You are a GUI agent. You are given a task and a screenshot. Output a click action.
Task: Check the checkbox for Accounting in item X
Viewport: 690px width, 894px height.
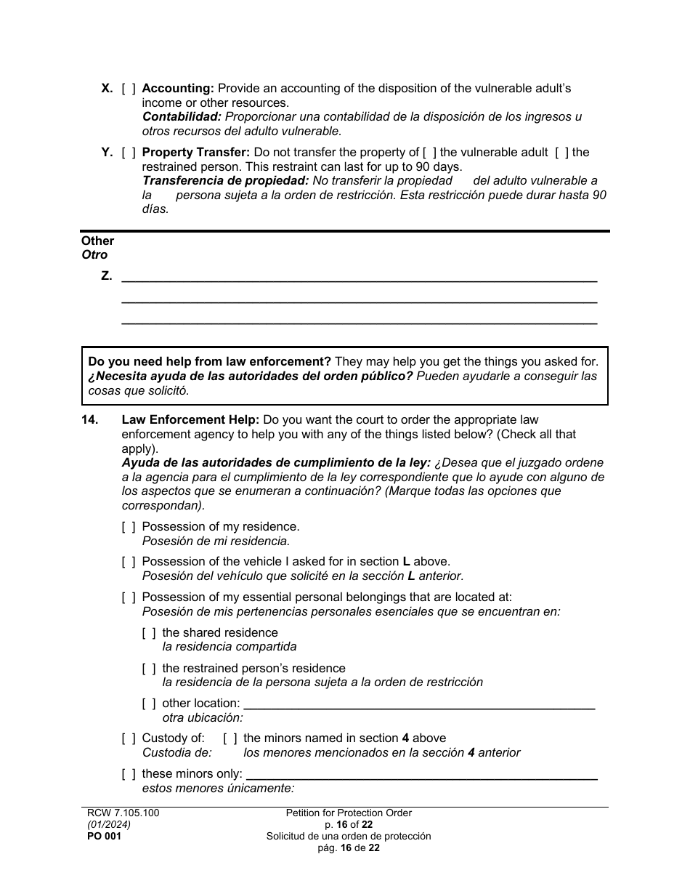129,89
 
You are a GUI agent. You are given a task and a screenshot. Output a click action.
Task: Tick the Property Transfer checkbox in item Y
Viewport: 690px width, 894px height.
129,153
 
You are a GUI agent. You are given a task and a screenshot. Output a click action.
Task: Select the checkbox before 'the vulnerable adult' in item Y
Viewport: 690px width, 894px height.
430,153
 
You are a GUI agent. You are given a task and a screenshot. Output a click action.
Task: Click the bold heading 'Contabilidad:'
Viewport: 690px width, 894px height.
182,117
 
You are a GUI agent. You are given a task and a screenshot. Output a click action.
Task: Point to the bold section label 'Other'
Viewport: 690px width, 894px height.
97,241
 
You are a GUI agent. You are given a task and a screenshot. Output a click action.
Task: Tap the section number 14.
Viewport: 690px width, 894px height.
89,420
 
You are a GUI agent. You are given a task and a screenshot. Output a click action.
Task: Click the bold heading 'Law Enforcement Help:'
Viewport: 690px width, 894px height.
190,420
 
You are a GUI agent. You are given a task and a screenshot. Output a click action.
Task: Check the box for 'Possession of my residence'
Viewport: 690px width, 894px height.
129,527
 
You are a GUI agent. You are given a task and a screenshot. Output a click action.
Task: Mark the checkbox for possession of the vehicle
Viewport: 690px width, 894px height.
129,562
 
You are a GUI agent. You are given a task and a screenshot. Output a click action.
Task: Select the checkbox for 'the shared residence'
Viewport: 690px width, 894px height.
149,633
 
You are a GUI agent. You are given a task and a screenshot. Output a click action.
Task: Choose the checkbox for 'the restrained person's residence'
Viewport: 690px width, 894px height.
149,669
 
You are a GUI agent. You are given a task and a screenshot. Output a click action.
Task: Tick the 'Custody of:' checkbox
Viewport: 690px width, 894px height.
129,738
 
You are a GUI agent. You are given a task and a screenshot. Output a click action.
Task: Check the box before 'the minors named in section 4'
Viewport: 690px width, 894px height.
230,738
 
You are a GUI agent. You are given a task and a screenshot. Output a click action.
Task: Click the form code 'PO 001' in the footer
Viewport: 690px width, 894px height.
104,837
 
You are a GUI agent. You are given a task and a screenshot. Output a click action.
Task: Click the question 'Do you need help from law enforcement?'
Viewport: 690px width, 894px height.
209,362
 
